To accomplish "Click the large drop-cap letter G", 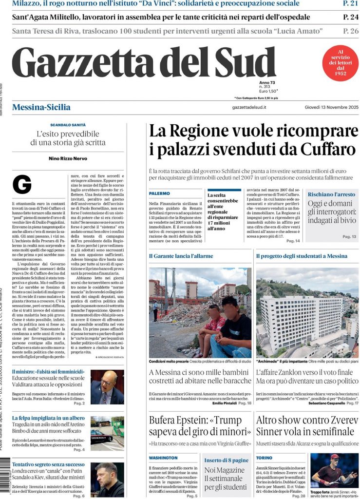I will (22, 184).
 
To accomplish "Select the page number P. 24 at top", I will (351, 17).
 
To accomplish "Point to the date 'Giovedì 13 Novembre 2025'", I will (331, 107).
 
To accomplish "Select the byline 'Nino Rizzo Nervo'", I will (67, 158).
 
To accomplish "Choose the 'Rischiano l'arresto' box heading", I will (331, 194).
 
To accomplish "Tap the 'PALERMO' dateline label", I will (159, 193).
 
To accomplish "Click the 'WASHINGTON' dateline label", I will (163, 458).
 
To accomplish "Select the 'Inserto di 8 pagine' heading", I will (226, 460).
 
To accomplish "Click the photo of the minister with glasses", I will (107, 386).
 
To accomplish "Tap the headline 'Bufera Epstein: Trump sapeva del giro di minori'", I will (200, 425).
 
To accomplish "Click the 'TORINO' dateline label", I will (264, 458).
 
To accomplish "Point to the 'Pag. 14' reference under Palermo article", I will (293, 241).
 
